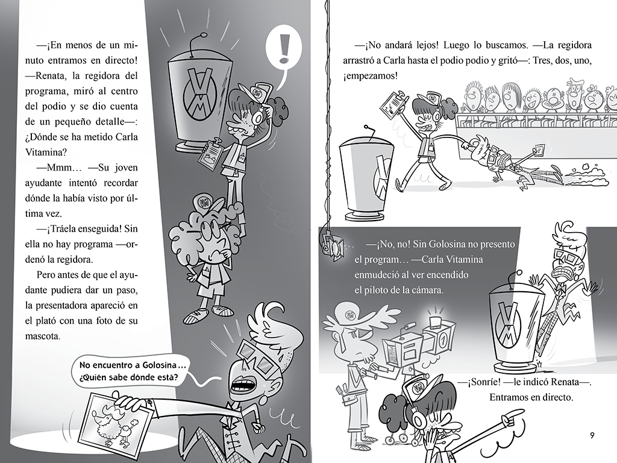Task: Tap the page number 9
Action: [592, 436]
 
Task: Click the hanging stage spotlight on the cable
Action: [331, 244]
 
